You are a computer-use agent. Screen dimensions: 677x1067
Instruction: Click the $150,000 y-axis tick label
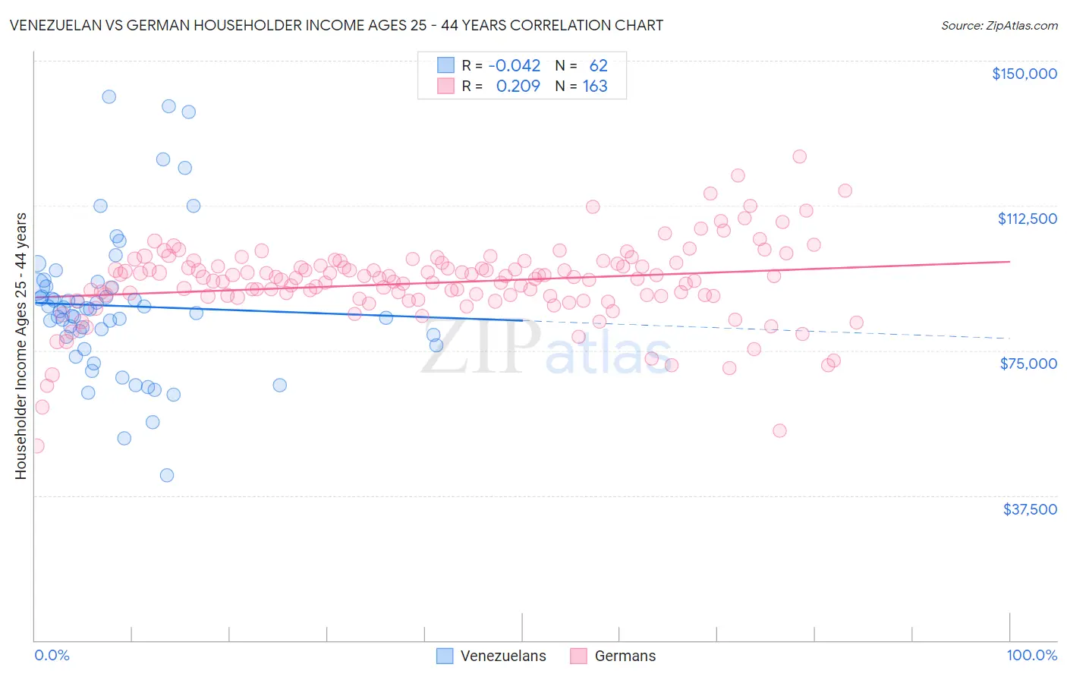click(1024, 74)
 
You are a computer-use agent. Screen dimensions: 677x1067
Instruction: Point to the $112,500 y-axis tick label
click(1027, 219)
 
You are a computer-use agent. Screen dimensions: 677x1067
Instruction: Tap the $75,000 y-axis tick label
click(1028, 364)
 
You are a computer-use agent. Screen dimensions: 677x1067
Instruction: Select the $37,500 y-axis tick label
click(1030, 509)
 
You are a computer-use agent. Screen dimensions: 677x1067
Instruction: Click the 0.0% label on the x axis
click(52, 655)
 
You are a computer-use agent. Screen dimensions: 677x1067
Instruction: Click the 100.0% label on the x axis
click(1031, 655)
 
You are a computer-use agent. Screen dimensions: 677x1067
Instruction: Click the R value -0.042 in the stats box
click(514, 66)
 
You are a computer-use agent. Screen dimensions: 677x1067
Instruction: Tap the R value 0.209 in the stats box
click(518, 87)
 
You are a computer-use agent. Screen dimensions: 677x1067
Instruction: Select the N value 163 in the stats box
click(595, 87)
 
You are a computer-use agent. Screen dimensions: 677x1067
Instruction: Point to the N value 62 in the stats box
click(598, 66)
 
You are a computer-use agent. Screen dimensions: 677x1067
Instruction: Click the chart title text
click(336, 26)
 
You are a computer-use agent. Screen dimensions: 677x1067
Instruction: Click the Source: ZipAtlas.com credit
click(999, 26)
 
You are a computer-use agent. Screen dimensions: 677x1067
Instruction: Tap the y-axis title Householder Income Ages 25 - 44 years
click(21, 346)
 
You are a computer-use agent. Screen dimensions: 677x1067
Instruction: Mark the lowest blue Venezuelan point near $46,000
click(167, 475)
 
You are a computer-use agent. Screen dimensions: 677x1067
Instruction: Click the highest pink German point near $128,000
click(799, 156)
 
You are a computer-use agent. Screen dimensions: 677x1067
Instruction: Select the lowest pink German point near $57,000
click(779, 430)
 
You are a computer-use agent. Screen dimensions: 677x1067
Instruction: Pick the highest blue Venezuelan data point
click(109, 96)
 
